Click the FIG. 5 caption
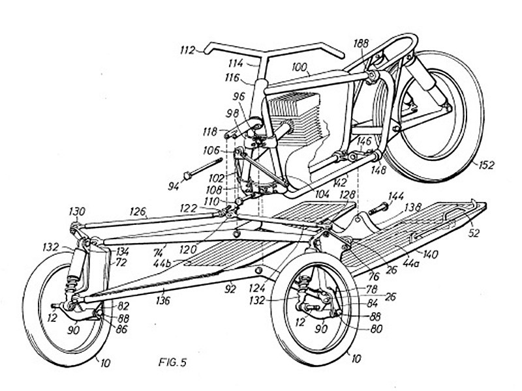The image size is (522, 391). [172, 362]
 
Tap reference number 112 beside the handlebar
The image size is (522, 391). [187, 50]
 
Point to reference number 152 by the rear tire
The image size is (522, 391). [486, 165]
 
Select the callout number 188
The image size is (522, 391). [361, 43]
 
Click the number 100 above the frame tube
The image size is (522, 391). [299, 67]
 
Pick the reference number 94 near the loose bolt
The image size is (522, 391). [173, 186]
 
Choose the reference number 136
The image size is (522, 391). [163, 300]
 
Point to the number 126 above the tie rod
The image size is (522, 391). [138, 211]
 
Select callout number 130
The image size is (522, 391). [77, 211]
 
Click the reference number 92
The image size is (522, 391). [230, 289]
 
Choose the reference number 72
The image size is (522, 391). [121, 263]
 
